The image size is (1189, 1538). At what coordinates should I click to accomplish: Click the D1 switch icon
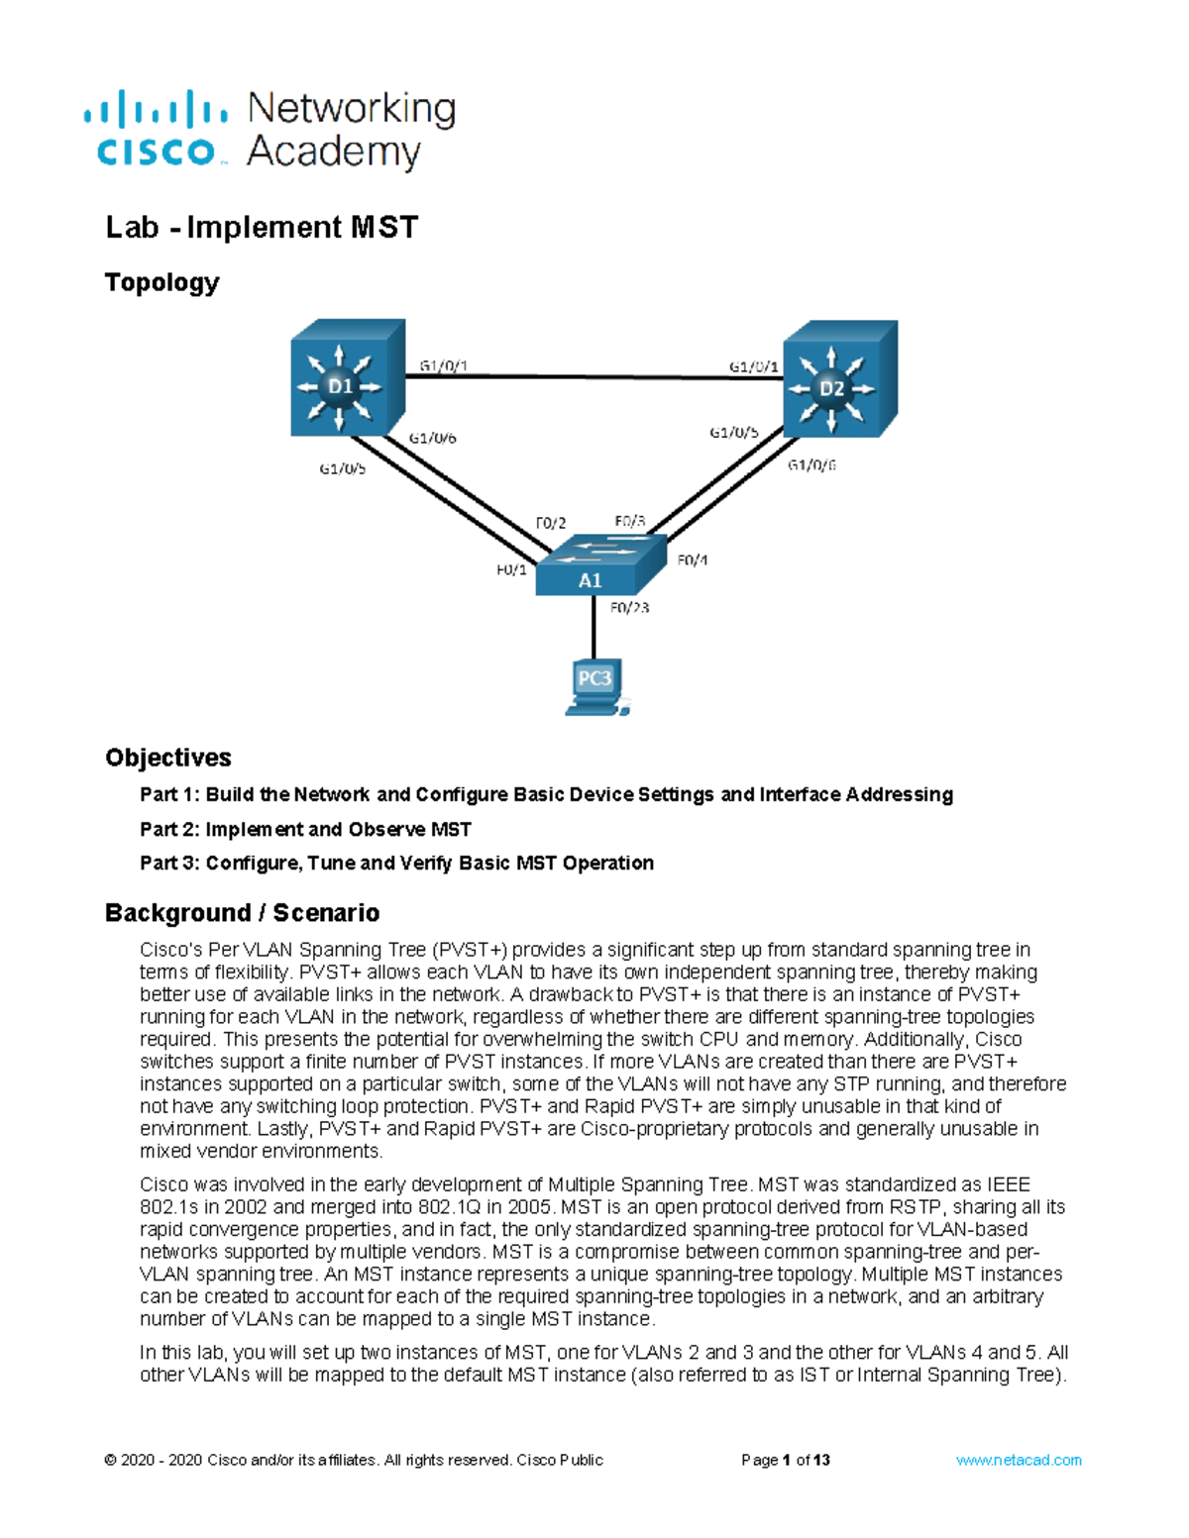[x=346, y=378]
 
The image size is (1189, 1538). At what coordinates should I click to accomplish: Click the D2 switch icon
[x=838, y=380]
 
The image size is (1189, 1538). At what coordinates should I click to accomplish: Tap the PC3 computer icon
[x=594, y=685]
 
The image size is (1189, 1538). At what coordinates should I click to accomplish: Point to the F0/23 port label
[x=630, y=608]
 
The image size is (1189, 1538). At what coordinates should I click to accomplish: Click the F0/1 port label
[x=511, y=569]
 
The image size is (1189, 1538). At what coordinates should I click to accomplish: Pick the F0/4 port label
[x=693, y=560]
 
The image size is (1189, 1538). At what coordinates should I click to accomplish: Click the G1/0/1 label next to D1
[x=443, y=365]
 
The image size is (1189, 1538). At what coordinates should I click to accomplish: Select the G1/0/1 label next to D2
[x=753, y=366]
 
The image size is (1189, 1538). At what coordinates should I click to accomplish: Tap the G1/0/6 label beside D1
[x=433, y=438]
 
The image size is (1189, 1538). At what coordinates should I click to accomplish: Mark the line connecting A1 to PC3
[x=594, y=626]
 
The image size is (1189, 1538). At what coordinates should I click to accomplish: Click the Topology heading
[x=162, y=282]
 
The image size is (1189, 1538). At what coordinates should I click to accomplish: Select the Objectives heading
[x=167, y=758]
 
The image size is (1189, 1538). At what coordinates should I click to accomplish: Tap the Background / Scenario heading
[x=242, y=912]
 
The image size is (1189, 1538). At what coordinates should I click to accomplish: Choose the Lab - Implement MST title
[x=262, y=227]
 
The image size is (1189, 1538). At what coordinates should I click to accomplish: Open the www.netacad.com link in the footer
[x=1018, y=1460]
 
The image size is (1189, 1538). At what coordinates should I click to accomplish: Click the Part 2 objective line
[x=305, y=829]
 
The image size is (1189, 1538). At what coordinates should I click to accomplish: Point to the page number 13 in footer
[x=821, y=1460]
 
